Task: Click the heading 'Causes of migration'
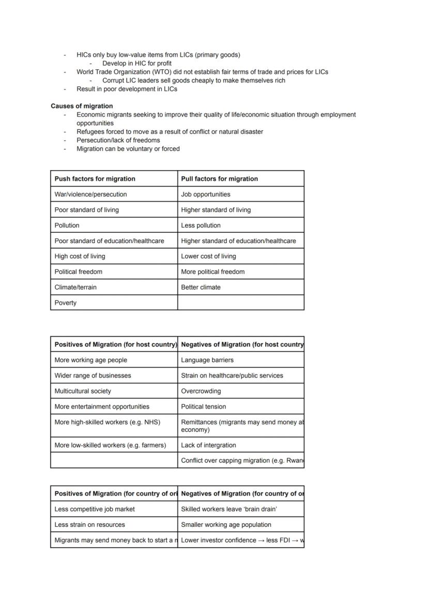click(x=82, y=106)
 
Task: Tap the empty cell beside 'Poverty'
click(x=240, y=303)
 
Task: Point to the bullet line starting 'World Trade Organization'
click(x=202, y=72)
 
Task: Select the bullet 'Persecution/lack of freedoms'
click(x=118, y=140)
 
